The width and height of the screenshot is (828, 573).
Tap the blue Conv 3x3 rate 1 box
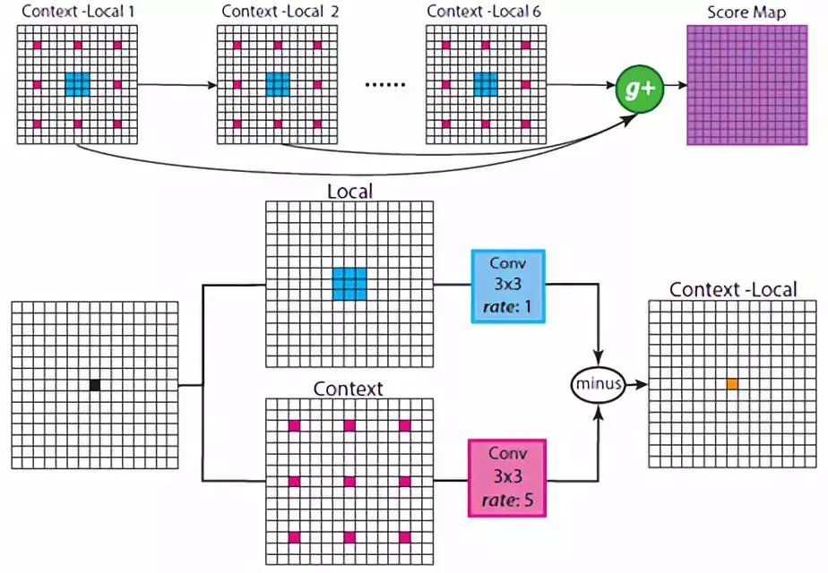pos(507,284)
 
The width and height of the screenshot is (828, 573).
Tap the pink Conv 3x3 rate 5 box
pos(507,478)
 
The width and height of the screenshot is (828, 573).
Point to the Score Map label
pos(746,13)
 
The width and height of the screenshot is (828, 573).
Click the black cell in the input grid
pos(94,385)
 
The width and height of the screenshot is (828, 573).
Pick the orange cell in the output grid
pos(732,384)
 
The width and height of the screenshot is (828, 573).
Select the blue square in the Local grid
pos(349,284)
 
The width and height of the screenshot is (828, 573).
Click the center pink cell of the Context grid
pos(349,481)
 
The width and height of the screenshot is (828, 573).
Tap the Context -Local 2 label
pos(278,12)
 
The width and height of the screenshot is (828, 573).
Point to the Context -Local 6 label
pos(484,12)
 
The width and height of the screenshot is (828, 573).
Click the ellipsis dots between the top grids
pos(386,85)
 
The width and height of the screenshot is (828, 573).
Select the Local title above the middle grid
pos(349,190)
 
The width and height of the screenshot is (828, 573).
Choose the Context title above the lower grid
pos(349,389)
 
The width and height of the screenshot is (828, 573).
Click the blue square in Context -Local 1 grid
pos(77,84)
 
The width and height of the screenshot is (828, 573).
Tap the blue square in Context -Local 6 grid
pos(485,84)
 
